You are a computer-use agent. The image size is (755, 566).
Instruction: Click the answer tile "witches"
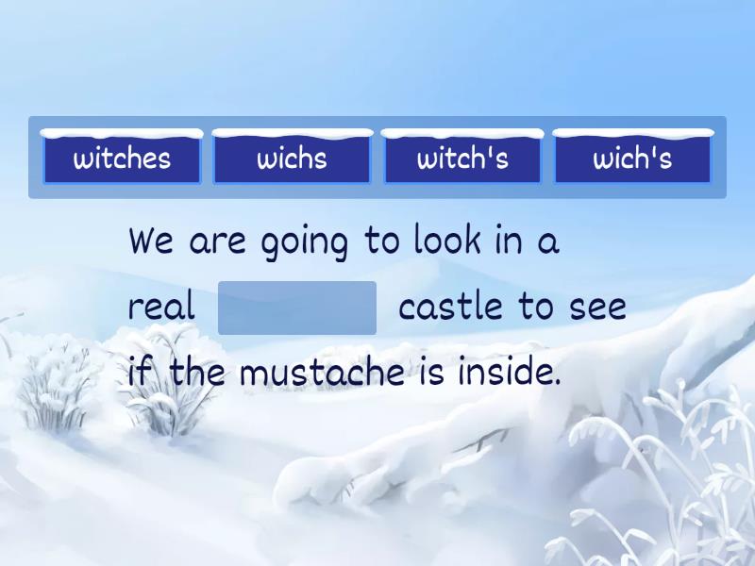[122, 158]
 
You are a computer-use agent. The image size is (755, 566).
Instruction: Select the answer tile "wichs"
[293, 158]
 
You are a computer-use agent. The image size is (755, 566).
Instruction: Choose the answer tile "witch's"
[462, 158]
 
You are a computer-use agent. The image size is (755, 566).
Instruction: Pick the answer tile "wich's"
[632, 158]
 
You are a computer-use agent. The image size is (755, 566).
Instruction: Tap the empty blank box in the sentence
[297, 308]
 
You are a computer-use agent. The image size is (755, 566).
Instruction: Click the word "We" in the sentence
[151, 241]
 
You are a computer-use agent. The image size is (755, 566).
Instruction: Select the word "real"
[161, 308]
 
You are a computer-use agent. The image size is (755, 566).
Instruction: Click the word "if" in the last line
[139, 374]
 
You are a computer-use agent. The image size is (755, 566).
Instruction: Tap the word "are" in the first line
[217, 242]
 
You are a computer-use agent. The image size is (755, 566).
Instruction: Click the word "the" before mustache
[197, 374]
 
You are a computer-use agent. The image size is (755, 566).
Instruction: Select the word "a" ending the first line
[548, 242]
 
